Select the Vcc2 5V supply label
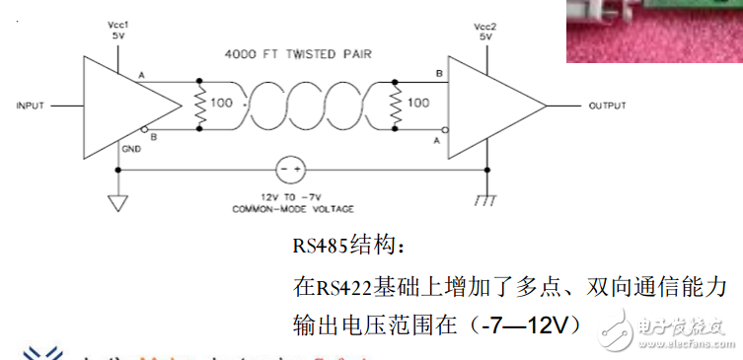[x=483, y=29]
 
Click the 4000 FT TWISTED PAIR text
[x=297, y=54]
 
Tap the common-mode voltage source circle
[x=289, y=170]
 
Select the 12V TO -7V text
[x=290, y=197]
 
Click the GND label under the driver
[x=130, y=149]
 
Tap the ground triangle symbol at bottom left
[x=117, y=204]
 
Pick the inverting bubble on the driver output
[x=145, y=129]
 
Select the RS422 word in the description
[x=343, y=287]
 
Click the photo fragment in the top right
[x=653, y=31]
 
